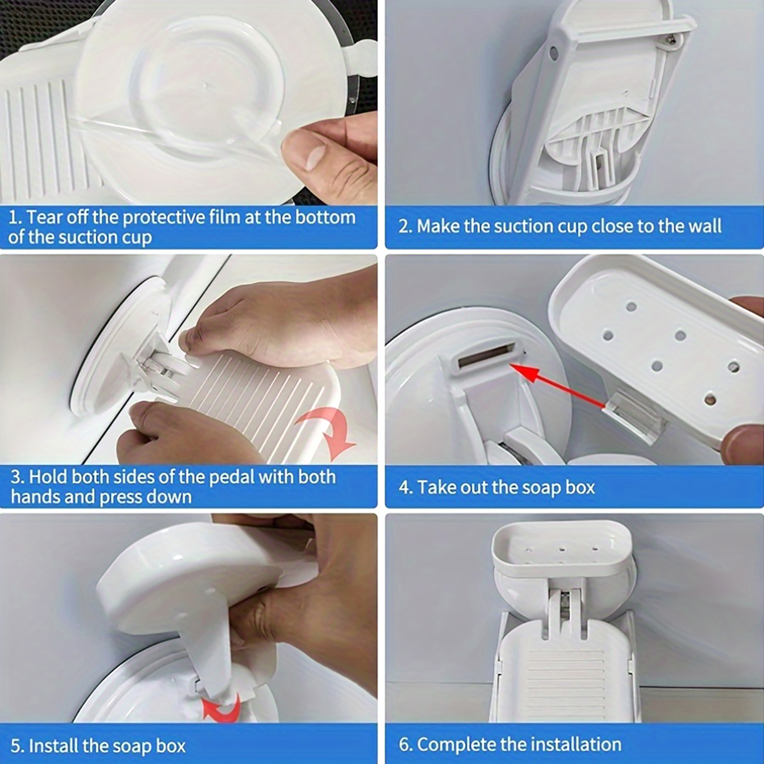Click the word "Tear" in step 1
(43, 217)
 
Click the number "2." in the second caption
(405, 227)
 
